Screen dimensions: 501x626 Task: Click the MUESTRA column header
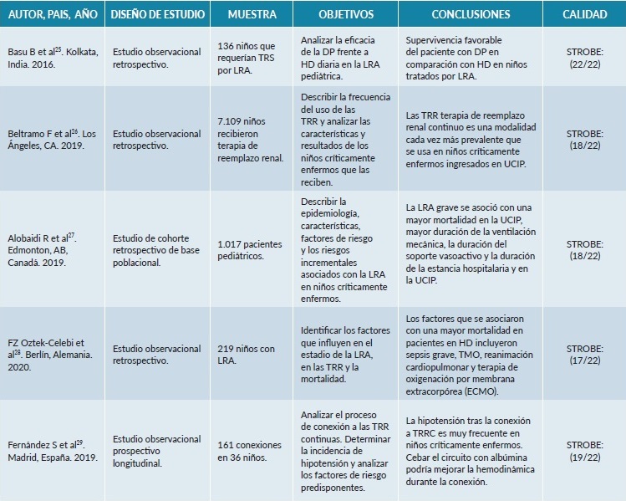pyautogui.click(x=252, y=16)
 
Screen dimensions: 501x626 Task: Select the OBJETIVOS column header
pyautogui.click(x=346, y=16)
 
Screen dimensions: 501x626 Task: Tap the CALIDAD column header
pyautogui.click(x=584, y=16)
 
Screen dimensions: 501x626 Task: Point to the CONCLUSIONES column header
pyautogui.click(x=471, y=16)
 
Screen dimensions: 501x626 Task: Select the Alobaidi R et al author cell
pyautogui.click(x=53, y=248)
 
